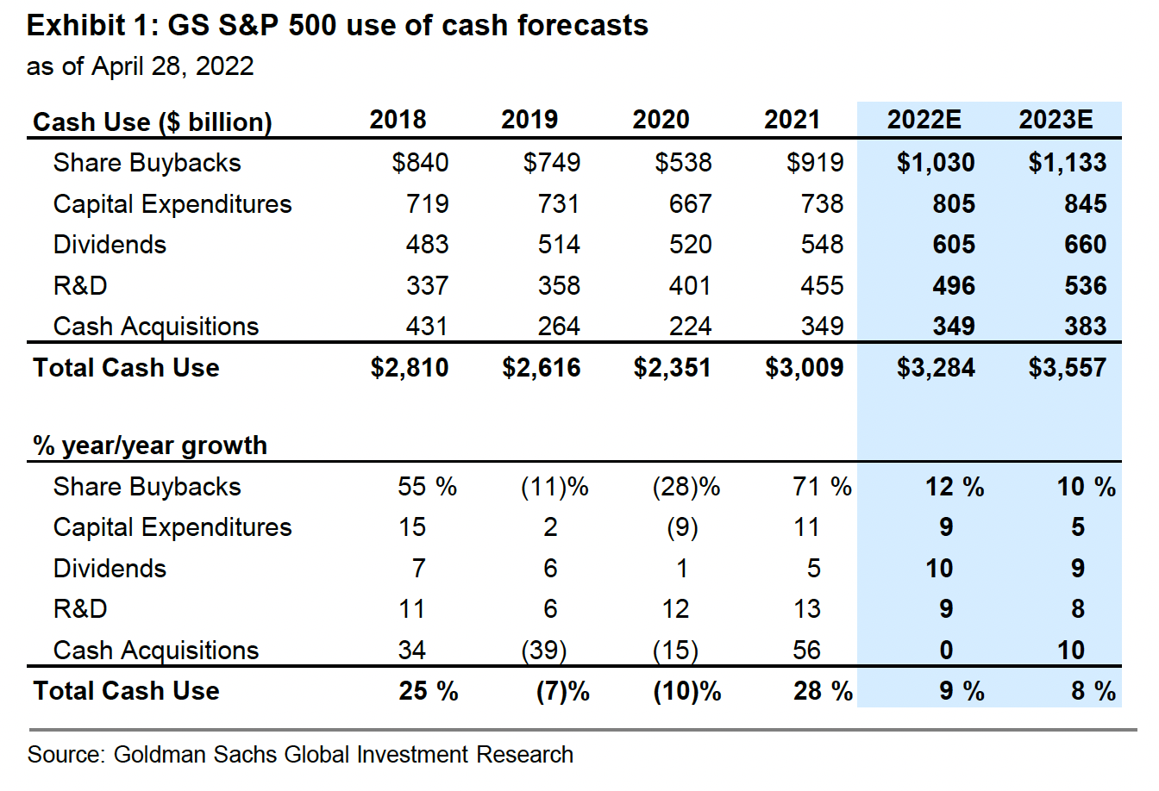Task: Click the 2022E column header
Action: point(924,120)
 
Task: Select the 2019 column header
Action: point(529,120)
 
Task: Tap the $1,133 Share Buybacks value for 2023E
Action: point(1067,163)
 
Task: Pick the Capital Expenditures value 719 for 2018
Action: point(427,204)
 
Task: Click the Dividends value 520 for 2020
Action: point(690,245)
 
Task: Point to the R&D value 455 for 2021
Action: point(822,286)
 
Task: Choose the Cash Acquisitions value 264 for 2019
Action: point(559,327)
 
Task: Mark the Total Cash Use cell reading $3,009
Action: point(804,368)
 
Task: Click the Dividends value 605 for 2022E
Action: point(953,245)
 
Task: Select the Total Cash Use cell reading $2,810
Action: point(410,368)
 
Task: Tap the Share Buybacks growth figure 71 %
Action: point(822,487)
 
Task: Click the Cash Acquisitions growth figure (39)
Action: point(544,651)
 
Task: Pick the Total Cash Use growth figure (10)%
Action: point(686,691)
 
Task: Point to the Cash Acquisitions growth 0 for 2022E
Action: point(946,651)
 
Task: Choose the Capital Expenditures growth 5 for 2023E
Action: point(1078,527)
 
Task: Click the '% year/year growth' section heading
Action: point(150,445)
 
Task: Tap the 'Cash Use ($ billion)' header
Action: point(153,122)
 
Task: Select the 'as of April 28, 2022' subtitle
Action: point(141,66)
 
